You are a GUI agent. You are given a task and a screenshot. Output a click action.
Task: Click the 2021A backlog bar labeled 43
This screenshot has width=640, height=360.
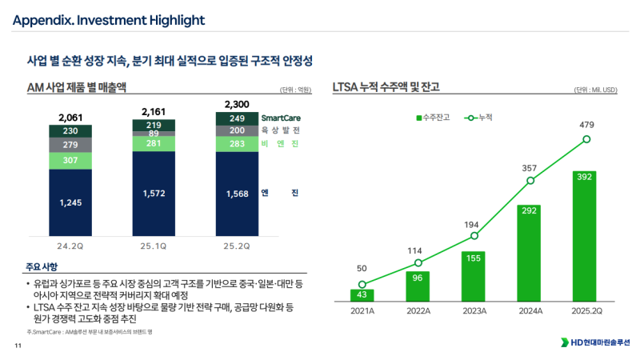[x=362, y=295]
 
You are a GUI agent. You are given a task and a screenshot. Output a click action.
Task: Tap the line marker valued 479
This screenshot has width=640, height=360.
[x=586, y=139]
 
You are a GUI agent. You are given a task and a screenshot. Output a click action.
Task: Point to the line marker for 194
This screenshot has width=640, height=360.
[x=474, y=236]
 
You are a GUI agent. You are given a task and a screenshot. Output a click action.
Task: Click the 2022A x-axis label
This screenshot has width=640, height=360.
[x=418, y=312]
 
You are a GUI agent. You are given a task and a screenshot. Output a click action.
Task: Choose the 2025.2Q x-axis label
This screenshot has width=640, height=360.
[x=586, y=312]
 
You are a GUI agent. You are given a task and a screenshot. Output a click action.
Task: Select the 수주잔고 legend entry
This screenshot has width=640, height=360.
[x=432, y=118]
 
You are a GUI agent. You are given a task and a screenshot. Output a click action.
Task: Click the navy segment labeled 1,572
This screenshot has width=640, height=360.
[x=154, y=194]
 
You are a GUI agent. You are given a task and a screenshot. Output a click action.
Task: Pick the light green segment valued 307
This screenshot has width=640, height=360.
[x=70, y=160]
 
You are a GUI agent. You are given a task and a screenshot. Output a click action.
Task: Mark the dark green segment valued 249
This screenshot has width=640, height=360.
[x=238, y=118]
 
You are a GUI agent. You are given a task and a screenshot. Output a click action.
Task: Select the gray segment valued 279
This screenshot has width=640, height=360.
[x=70, y=145]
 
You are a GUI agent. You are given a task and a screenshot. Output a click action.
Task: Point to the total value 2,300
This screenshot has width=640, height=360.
[x=238, y=105]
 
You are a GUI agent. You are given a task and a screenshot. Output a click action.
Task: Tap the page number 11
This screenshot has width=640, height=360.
[x=18, y=346]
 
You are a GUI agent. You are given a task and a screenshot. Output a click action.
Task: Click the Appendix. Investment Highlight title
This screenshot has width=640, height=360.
[x=108, y=19]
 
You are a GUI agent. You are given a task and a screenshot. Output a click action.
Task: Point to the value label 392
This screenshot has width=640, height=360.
[x=586, y=176]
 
